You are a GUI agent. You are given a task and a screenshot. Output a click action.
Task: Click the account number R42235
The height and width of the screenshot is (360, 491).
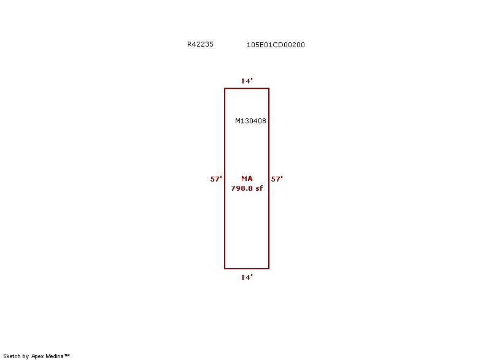[x=200, y=44]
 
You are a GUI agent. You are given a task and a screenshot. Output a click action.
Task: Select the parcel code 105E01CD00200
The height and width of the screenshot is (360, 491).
[x=276, y=45]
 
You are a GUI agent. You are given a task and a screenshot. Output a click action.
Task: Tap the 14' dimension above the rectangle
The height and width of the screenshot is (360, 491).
[x=247, y=81]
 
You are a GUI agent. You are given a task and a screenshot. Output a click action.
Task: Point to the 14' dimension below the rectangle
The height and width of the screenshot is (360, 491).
[x=247, y=277]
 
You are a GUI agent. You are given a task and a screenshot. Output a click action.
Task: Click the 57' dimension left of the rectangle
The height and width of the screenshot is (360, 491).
[x=216, y=179]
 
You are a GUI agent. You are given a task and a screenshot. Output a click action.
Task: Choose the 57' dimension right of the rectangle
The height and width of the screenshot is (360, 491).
[x=277, y=179]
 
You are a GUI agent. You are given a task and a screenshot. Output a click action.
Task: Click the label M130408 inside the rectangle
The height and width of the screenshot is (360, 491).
[x=250, y=121]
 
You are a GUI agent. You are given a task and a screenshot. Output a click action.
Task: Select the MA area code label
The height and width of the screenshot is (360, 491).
[x=247, y=178]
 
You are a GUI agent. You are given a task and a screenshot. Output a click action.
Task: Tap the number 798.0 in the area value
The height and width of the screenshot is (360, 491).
[x=242, y=188]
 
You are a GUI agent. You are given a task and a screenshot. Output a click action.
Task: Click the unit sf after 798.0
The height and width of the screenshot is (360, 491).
[x=259, y=188]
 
